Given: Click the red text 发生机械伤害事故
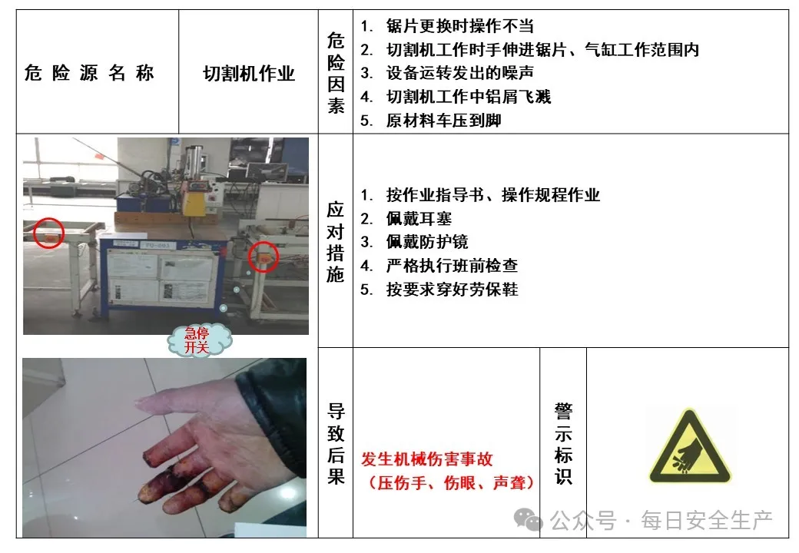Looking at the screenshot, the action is [x=427, y=459].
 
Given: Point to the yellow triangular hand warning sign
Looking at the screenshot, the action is [x=689, y=448].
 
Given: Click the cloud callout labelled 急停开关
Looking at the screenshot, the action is [x=199, y=340].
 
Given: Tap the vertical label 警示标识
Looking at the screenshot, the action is [x=563, y=443].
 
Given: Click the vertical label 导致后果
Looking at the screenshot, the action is [x=336, y=443].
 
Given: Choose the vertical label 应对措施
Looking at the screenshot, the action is [x=336, y=241].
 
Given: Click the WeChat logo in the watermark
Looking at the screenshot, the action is [x=528, y=519].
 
